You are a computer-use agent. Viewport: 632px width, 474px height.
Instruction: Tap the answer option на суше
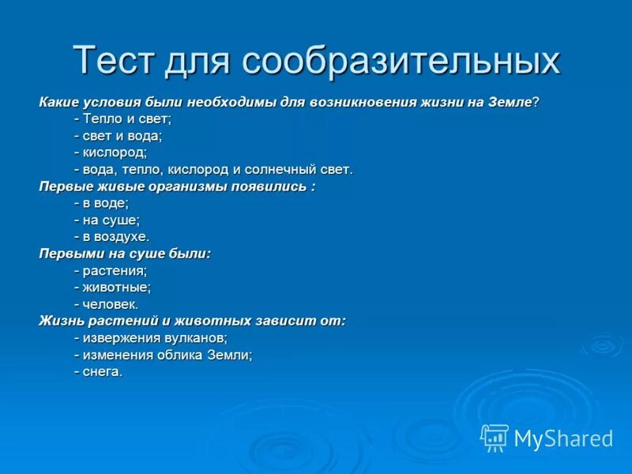[x=109, y=220]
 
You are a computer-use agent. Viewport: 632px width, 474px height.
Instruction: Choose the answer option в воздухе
[x=114, y=236]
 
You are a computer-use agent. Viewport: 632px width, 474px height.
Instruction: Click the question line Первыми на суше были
[x=125, y=254]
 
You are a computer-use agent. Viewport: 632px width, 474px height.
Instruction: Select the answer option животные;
[x=115, y=288]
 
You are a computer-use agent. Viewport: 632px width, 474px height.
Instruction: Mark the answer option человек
[x=109, y=304]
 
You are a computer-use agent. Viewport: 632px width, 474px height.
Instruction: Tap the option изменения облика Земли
[x=166, y=355]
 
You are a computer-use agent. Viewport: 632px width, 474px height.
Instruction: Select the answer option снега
[x=101, y=371]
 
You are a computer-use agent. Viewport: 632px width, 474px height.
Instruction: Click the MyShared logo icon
[x=495, y=438]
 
